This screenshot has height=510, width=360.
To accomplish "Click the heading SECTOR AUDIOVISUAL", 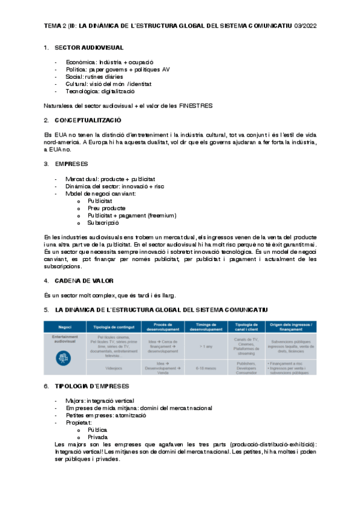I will click(89, 47).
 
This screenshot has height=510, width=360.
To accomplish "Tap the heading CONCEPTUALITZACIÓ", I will click(88, 121).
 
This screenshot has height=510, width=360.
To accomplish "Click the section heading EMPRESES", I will click(71, 164).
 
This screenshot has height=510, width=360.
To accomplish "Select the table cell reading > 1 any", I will click(205, 346).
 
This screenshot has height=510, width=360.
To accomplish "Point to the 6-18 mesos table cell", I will click(205, 367).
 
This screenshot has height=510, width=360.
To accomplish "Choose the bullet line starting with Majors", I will click(100, 401).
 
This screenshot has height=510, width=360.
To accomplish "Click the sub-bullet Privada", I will click(98, 437).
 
